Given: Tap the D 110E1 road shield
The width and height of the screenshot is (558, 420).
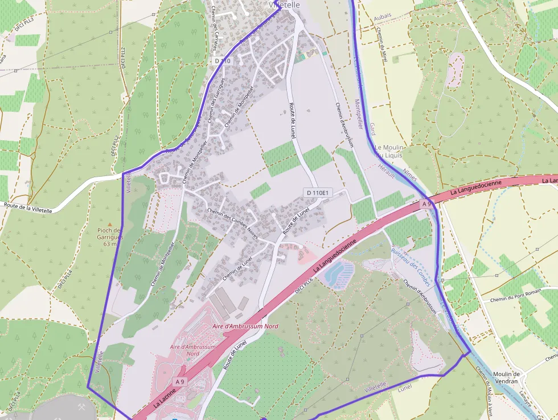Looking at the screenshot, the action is tap(317, 193).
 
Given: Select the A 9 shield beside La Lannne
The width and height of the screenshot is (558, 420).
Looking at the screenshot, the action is tap(180, 381).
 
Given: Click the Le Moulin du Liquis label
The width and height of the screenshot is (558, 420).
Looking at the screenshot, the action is tap(389, 151).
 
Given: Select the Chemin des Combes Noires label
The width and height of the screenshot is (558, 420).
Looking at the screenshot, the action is tap(233, 223).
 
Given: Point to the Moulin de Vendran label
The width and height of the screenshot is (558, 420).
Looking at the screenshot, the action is tap(506, 378).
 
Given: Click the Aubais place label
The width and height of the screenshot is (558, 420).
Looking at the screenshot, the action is tap(383, 19).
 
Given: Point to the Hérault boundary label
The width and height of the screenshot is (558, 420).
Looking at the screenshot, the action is tap(386, 172).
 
